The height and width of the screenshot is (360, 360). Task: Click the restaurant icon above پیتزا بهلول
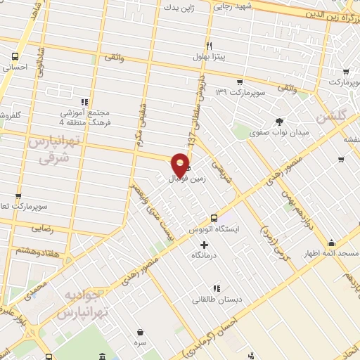(209, 44)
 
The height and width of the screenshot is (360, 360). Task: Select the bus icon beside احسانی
(15, 57)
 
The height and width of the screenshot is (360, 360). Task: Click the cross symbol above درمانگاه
(204, 245)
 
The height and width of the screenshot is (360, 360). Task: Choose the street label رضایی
(42, 229)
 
